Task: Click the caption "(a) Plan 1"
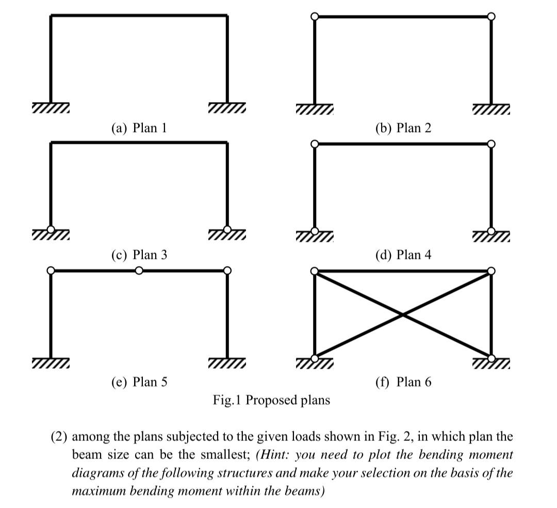click(x=139, y=127)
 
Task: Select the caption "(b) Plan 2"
click(x=403, y=127)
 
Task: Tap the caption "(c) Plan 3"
click(x=139, y=254)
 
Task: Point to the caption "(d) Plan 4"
click(x=403, y=254)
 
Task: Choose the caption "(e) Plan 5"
click(x=139, y=382)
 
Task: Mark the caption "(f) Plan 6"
click(x=403, y=382)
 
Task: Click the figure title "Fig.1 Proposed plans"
click(x=271, y=400)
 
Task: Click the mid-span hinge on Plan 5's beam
click(x=139, y=270)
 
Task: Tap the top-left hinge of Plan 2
click(x=315, y=17)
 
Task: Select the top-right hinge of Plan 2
click(x=491, y=17)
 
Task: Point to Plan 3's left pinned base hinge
click(x=51, y=230)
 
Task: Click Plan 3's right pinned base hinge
click(x=227, y=230)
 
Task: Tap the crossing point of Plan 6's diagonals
click(x=403, y=314)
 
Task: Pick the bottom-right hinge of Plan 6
click(x=491, y=357)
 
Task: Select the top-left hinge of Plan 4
click(x=315, y=143)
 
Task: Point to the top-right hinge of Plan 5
click(x=227, y=270)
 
